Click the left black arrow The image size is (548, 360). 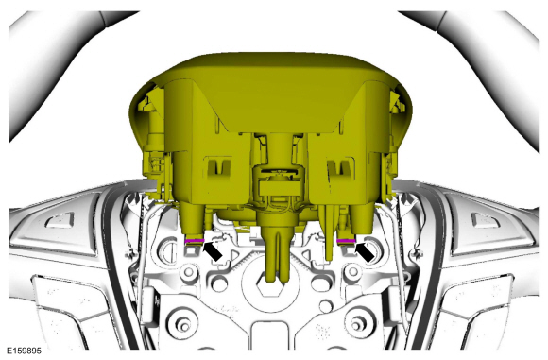pyautogui.click(x=213, y=250)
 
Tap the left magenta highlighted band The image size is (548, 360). pyautogui.click(x=195, y=241)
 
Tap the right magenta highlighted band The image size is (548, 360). pyautogui.click(x=346, y=241)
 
